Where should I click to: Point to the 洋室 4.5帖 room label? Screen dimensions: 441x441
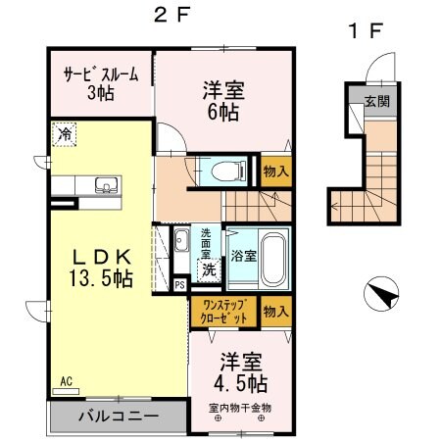pyautogui.click(x=237, y=369)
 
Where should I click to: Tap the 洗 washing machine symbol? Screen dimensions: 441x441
pyautogui.click(x=209, y=269)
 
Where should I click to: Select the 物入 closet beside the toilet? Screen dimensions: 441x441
pyautogui.click(x=274, y=171)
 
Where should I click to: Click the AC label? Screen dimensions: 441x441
pyautogui.click(x=66, y=380)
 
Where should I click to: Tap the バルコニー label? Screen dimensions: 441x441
pyautogui.click(x=118, y=416)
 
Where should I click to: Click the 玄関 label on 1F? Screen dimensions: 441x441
pyautogui.click(x=377, y=101)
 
